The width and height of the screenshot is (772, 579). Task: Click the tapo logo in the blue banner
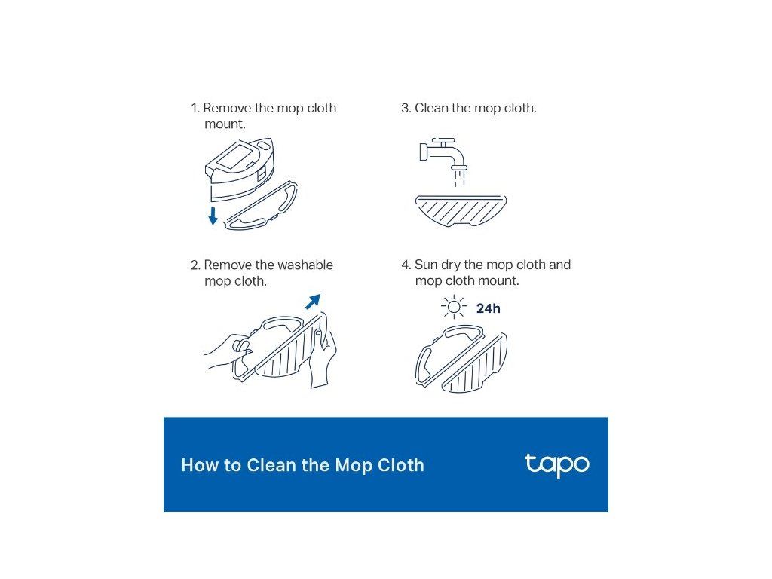[556, 464]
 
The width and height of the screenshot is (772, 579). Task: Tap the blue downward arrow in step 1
[213, 216]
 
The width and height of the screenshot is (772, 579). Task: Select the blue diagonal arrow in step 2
[313, 302]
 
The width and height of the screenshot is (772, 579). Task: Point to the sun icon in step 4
[454, 308]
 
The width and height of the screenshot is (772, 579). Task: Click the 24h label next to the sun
[489, 308]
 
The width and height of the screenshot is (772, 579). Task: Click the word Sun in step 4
[426, 265]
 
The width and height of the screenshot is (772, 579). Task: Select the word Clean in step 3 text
[431, 108]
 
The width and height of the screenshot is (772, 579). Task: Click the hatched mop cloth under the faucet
[461, 210]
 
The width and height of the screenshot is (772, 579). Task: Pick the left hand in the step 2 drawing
[228, 351]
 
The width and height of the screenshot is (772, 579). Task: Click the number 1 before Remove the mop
[195, 109]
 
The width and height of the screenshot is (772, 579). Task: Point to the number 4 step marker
[406, 265]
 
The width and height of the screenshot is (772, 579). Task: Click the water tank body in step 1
[239, 170]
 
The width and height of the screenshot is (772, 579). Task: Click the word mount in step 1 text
[225, 124]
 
